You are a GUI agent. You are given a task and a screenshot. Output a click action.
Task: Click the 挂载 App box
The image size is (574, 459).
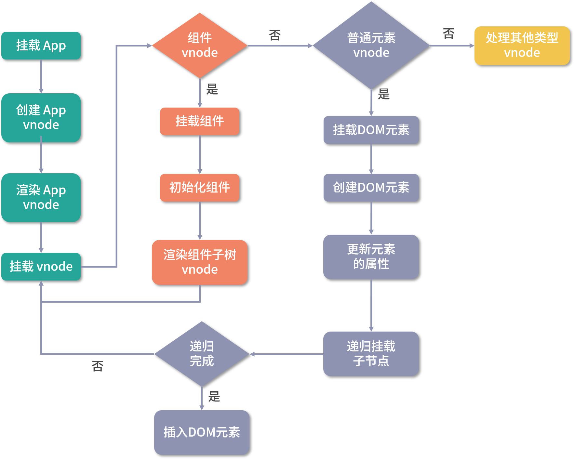point(41,46)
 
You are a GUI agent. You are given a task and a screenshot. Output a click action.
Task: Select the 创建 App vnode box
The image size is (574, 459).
point(41,118)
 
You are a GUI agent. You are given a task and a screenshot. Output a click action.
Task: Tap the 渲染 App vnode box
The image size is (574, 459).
point(41,197)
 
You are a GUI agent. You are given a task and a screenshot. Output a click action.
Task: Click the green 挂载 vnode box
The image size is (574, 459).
point(41,267)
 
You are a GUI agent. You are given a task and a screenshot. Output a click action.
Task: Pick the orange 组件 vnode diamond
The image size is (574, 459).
point(200,46)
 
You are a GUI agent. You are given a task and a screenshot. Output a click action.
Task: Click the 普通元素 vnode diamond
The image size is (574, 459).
point(371,46)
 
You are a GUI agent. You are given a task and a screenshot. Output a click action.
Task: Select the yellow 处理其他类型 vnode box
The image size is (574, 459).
point(522,46)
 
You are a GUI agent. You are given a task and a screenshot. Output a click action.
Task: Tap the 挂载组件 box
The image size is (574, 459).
point(200,121)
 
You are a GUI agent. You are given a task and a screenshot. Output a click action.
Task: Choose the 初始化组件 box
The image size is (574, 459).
point(200,188)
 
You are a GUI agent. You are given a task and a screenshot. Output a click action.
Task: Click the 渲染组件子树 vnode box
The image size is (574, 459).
point(200,262)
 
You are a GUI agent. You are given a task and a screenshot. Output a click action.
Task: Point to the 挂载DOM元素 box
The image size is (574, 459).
point(371,130)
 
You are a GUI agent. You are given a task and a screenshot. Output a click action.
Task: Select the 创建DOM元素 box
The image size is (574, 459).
point(371,188)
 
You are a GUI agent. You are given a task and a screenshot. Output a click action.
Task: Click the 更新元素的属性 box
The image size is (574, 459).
point(371,257)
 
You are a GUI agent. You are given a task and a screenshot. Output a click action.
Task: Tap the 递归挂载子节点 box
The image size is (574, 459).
point(371,354)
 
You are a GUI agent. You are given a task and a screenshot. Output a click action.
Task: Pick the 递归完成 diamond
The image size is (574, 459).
point(202,354)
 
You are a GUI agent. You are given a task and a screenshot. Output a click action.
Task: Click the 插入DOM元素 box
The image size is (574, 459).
point(202,432)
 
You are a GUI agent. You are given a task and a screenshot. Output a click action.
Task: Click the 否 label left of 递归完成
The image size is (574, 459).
point(98,366)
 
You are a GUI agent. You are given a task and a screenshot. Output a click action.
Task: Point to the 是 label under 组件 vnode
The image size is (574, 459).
point(212,89)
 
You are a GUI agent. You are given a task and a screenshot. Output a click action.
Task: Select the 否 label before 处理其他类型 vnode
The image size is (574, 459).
point(448,33)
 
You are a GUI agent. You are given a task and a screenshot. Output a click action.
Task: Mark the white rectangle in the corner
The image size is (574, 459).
point(523,435)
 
